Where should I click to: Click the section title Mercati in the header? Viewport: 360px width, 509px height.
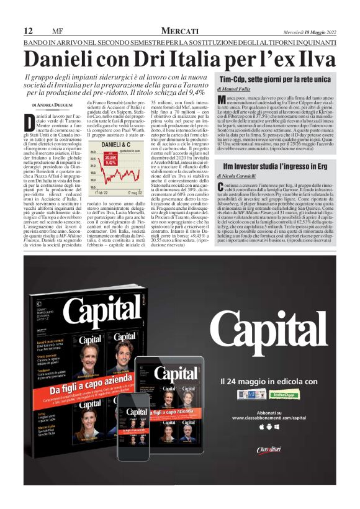(x=179, y=31)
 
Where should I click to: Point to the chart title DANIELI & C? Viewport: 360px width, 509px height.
(x=114, y=144)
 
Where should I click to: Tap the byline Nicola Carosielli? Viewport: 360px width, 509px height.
(x=242, y=177)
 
